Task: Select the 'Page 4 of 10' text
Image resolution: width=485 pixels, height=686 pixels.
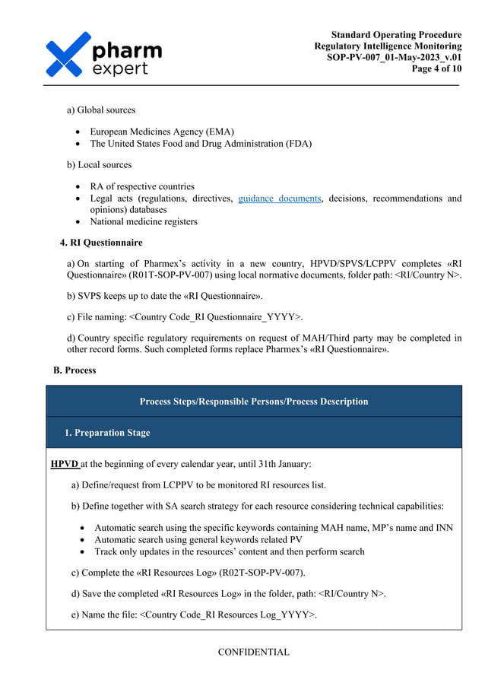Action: click(436, 68)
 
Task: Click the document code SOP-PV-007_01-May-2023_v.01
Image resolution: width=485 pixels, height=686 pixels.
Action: click(394, 57)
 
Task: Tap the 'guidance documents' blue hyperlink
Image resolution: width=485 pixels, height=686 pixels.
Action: click(279, 198)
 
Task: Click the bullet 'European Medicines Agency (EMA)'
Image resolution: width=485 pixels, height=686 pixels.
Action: click(162, 132)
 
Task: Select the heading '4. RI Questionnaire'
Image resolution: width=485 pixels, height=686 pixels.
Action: click(100, 243)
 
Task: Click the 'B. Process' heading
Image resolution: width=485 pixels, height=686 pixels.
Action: click(74, 370)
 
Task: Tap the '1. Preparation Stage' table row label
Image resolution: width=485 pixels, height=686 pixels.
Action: click(106, 433)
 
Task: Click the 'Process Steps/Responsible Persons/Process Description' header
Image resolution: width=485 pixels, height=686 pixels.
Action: click(254, 402)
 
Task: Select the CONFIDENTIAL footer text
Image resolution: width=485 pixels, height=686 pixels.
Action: click(253, 652)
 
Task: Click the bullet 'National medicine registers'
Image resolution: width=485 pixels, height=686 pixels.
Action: click(143, 222)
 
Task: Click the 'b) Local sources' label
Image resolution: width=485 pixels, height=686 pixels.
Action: click(99, 164)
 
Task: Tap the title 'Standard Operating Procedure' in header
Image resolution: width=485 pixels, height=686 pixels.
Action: click(396, 35)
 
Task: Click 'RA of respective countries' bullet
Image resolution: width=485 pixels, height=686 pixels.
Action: click(142, 186)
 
